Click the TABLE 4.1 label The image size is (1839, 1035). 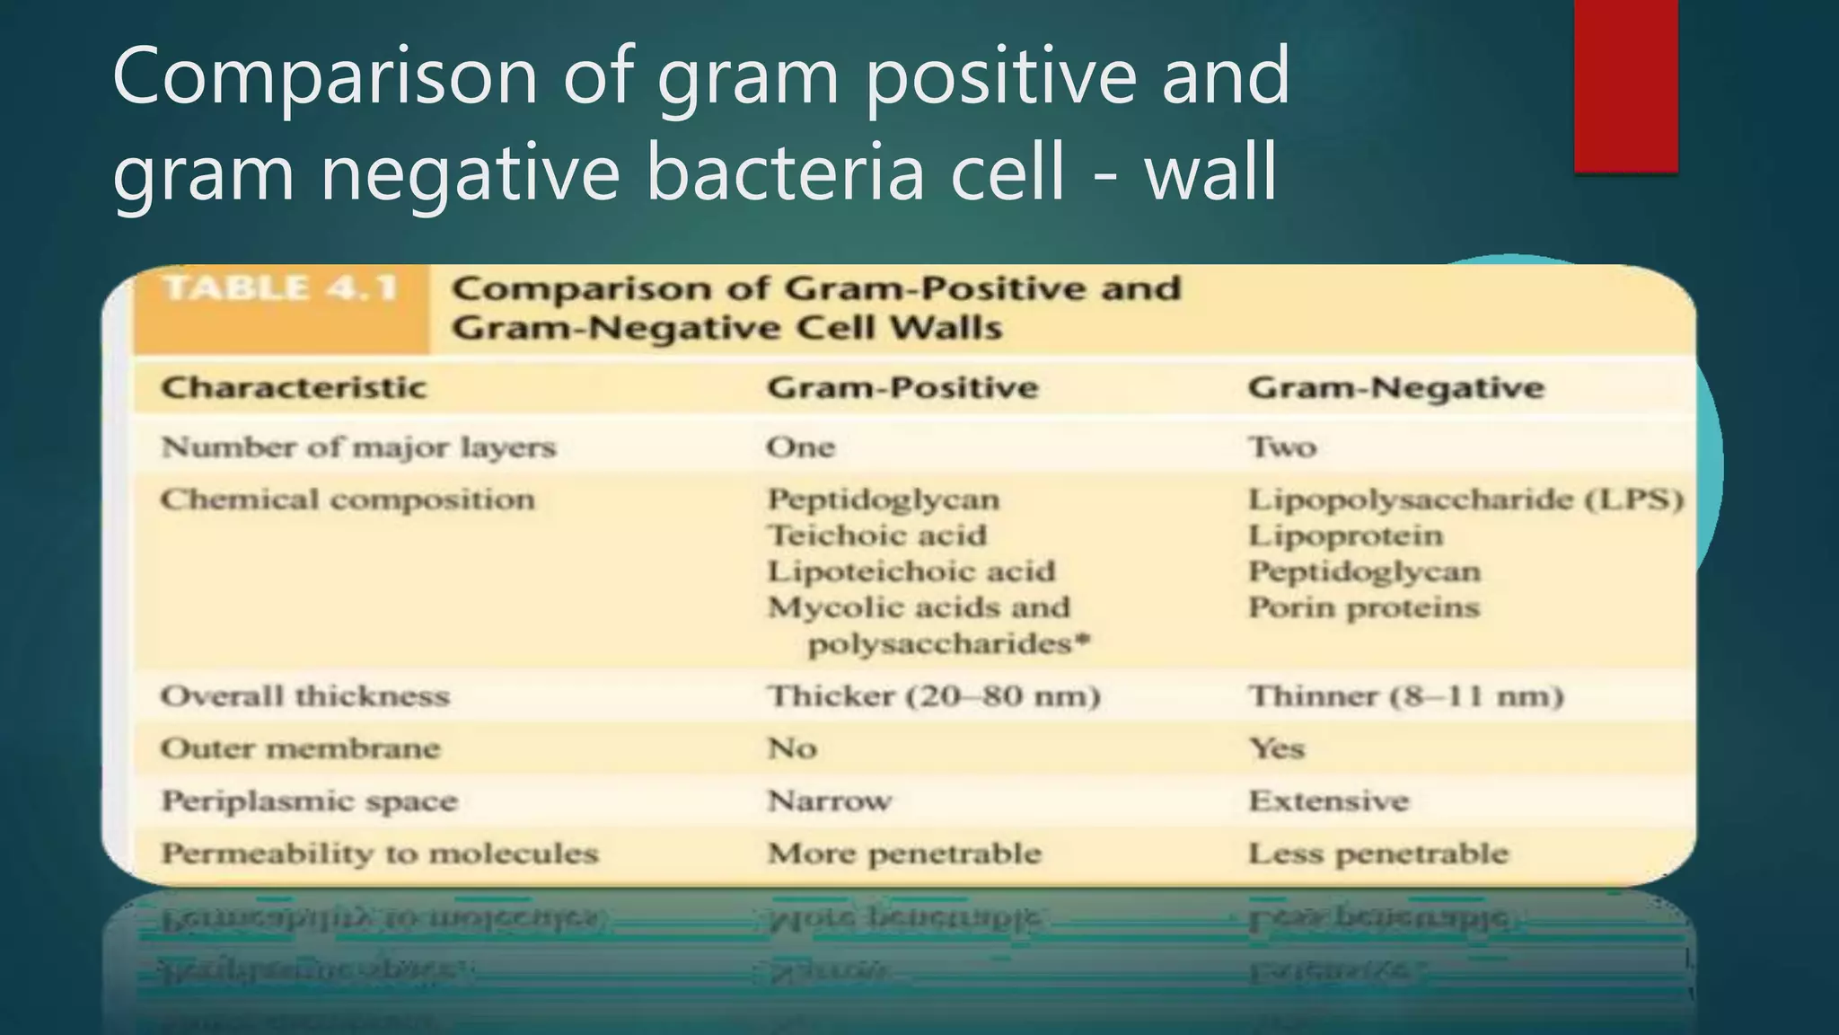tap(281, 288)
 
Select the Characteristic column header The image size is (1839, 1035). tap(294, 388)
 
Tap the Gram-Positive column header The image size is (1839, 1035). tap(902, 388)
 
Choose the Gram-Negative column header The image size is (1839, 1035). tap(1395, 388)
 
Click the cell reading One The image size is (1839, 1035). tap(800, 447)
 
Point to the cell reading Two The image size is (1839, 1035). tap(1282, 447)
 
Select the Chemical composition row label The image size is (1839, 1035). tap(348, 500)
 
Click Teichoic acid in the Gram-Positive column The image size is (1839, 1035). tap(876, 535)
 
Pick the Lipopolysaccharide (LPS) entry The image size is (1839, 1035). tap(1465, 500)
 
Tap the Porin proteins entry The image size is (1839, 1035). tap(1363, 608)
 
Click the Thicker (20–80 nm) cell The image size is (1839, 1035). tap(933, 696)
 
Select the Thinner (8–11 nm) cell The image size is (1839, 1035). tap(1405, 696)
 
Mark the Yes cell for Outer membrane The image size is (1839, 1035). tap(1276, 748)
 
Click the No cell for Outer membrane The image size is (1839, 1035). tap(791, 748)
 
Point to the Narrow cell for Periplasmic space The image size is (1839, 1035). tap(829, 801)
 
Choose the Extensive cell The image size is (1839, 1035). tap(1328, 801)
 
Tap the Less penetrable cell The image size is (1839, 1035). tap(1377, 854)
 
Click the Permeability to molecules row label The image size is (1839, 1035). tap(379, 854)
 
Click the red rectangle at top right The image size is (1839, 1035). tap(1625, 85)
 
